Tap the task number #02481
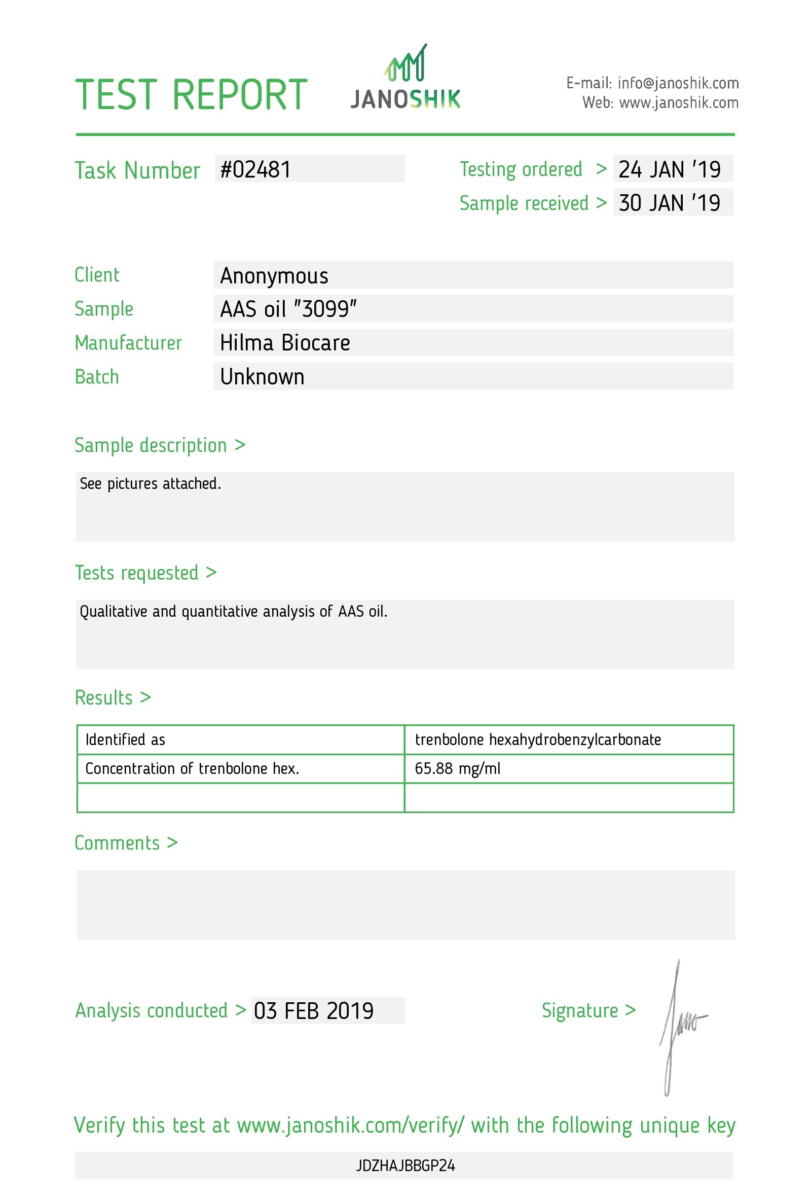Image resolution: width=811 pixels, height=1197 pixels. (255, 169)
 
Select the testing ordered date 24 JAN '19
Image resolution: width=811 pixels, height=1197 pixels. (669, 169)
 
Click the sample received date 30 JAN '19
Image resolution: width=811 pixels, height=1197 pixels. (669, 203)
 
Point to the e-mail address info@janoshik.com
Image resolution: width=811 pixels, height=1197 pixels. (678, 83)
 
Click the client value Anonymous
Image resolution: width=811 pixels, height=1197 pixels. (274, 275)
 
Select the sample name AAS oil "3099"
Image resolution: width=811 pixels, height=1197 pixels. (288, 309)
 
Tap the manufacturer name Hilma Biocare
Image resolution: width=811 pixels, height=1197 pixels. (284, 343)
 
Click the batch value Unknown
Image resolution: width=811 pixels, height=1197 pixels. (262, 377)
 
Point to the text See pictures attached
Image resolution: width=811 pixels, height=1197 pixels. (150, 484)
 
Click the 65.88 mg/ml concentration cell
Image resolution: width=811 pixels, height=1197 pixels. (457, 768)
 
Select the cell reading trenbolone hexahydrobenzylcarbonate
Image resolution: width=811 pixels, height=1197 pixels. (537, 740)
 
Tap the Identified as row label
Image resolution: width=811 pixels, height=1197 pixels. (125, 740)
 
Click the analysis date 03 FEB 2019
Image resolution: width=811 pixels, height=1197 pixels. (313, 1011)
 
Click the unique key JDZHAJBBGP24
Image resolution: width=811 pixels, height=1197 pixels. (405, 1166)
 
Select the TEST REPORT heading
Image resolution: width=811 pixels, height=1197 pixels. (191, 95)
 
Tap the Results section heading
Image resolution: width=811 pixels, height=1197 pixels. (113, 697)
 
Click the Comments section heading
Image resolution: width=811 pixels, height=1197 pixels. (126, 842)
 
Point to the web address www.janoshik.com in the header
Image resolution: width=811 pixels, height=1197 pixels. (678, 103)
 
